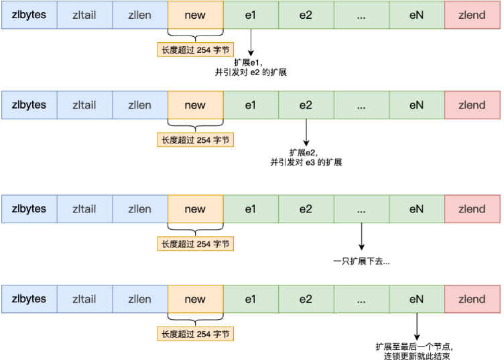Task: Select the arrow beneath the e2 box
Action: [x=306, y=133]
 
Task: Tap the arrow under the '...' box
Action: [x=361, y=236]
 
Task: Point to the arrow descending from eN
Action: [x=417, y=326]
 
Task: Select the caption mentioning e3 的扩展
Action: [x=306, y=162]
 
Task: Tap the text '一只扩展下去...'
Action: [x=361, y=261]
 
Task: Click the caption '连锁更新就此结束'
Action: [x=417, y=355]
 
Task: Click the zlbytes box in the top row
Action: [x=29, y=15]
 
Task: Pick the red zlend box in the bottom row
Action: [x=472, y=298]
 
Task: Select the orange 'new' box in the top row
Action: [x=195, y=15]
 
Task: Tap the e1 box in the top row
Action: [x=251, y=15]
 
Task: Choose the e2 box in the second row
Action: [x=306, y=105]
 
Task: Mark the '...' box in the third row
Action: [x=361, y=209]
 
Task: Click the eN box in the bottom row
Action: [x=417, y=298]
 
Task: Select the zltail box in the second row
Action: [x=84, y=105]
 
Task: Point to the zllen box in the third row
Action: [x=139, y=209]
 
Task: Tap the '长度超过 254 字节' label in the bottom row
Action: [x=195, y=333]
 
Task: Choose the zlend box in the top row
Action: [x=472, y=15]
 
